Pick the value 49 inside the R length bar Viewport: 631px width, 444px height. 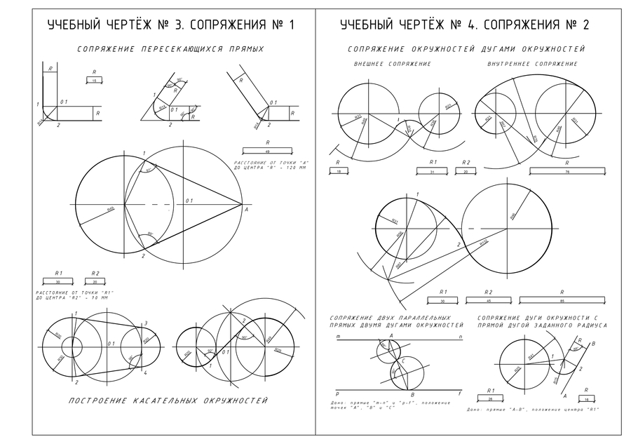tap(267, 151)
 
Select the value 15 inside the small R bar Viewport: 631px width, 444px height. tap(95, 81)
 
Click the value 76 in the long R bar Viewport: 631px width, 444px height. tap(566, 170)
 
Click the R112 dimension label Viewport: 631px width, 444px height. tap(484, 243)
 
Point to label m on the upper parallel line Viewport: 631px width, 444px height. tap(339, 337)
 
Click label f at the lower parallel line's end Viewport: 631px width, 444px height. tap(460, 394)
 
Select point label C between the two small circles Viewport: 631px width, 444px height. tap(404, 362)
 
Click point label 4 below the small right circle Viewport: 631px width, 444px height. tap(145, 365)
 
